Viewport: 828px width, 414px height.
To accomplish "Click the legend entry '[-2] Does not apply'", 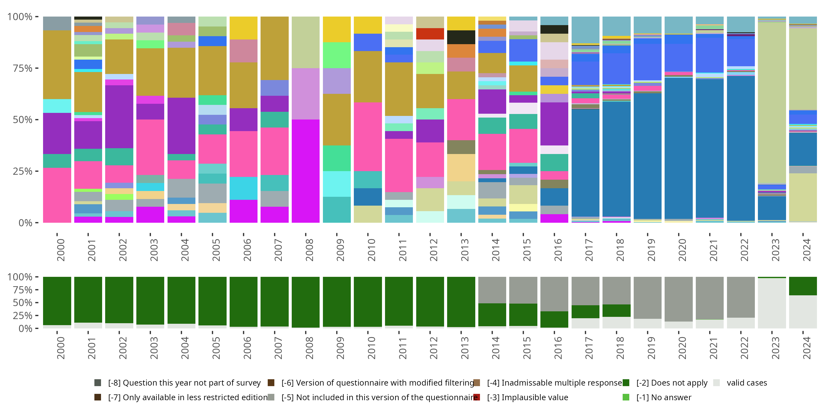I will click(x=672, y=383).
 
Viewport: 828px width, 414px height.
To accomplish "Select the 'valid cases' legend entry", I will click(x=746, y=383).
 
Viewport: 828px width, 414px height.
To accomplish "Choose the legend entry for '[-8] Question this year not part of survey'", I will click(x=184, y=383).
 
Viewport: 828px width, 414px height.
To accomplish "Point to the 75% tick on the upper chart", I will click(x=23, y=68).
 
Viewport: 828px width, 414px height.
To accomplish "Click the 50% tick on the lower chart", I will click(x=23, y=302).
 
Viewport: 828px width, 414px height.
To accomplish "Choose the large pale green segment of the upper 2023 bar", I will click(x=772, y=103).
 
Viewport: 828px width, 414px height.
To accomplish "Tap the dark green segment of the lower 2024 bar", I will click(x=803, y=286).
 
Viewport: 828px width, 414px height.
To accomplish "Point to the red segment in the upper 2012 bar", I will click(x=430, y=34).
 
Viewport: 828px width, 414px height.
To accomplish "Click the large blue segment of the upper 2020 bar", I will click(x=678, y=148).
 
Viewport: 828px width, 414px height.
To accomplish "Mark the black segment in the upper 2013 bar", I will click(x=461, y=37).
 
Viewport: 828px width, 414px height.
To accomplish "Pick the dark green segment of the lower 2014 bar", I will click(x=492, y=315).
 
